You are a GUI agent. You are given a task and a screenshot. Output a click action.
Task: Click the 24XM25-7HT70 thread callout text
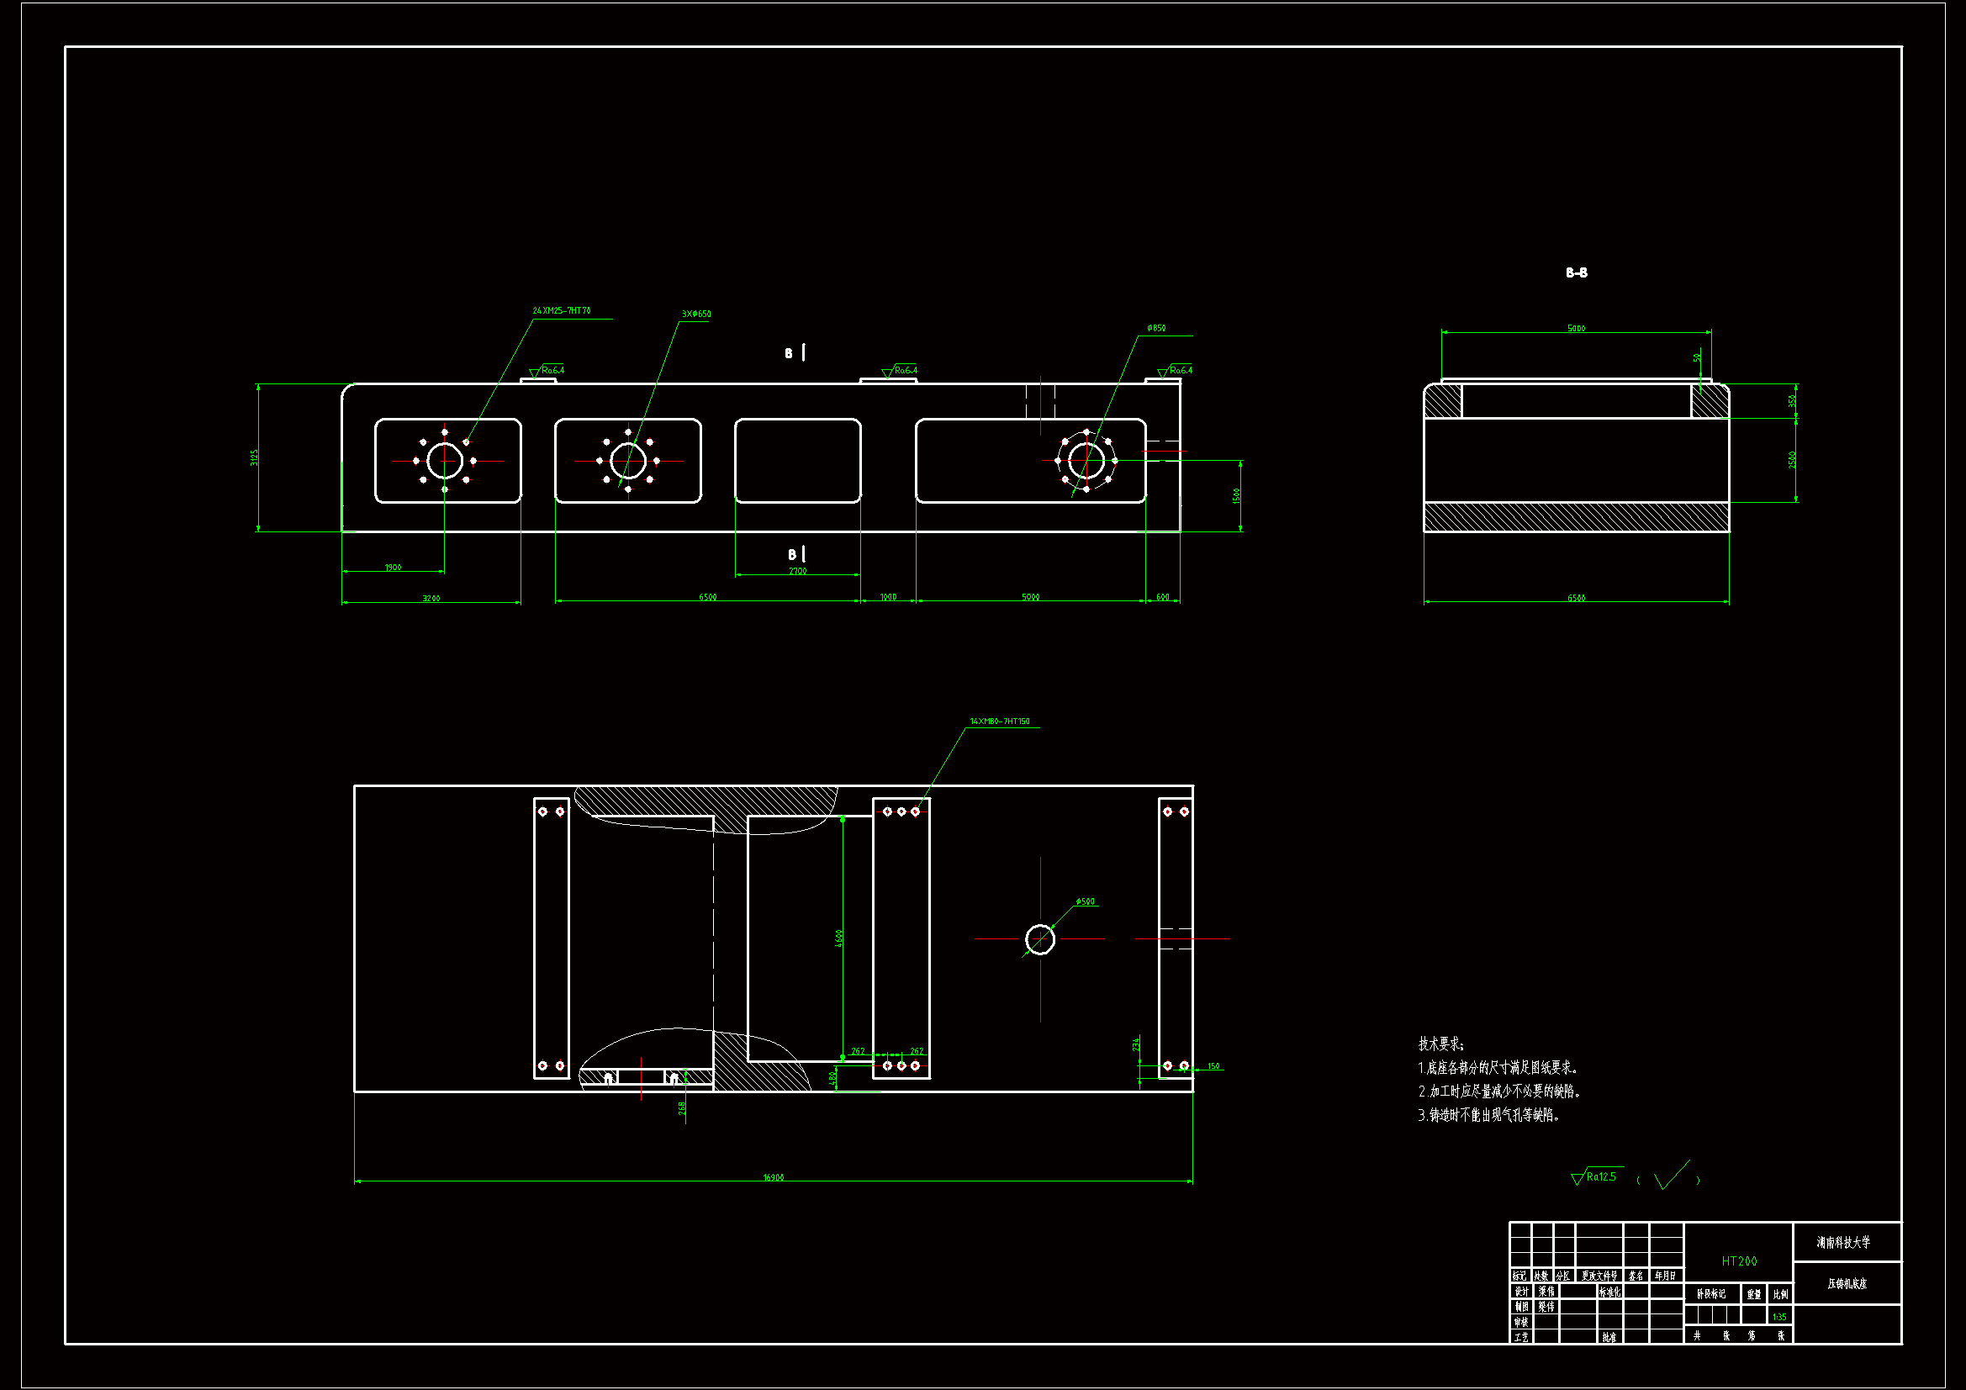pyautogui.click(x=561, y=311)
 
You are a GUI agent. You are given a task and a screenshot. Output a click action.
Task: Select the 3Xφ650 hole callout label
pyautogui.click(x=696, y=314)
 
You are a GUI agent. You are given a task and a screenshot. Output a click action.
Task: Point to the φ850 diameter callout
pyautogui.click(x=1156, y=329)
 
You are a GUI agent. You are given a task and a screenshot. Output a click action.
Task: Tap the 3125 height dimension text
pyautogui.click(x=254, y=457)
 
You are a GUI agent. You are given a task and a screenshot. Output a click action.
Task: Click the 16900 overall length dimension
pyautogui.click(x=774, y=1177)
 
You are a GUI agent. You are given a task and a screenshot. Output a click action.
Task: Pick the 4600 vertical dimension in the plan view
pyautogui.click(x=839, y=938)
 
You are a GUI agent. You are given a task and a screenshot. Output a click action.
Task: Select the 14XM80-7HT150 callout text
pyautogui.click(x=999, y=722)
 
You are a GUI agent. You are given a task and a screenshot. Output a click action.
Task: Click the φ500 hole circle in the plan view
pyautogui.click(x=1039, y=939)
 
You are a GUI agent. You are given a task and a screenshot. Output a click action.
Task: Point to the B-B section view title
pyautogui.click(x=1577, y=273)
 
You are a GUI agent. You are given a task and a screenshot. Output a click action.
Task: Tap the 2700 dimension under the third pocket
pyautogui.click(x=797, y=571)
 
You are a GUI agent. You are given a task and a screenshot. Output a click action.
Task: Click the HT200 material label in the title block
pyautogui.click(x=1739, y=1261)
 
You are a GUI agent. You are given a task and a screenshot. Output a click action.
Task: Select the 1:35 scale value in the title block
pyautogui.click(x=1779, y=1317)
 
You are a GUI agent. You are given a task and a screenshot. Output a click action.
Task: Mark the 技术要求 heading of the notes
pyautogui.click(x=1441, y=1044)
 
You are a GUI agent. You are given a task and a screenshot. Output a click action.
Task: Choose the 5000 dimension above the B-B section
pyautogui.click(x=1576, y=329)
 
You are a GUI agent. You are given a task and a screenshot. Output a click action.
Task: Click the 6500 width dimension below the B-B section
pyautogui.click(x=1576, y=598)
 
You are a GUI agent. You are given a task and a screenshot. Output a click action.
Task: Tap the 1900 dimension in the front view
pyautogui.click(x=393, y=568)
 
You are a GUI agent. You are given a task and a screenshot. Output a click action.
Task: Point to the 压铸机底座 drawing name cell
pyautogui.click(x=1847, y=1284)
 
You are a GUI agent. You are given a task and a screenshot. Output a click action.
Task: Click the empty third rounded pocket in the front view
pyautogui.click(x=797, y=461)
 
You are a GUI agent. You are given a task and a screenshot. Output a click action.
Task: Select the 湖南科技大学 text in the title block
pyautogui.click(x=1843, y=1242)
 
